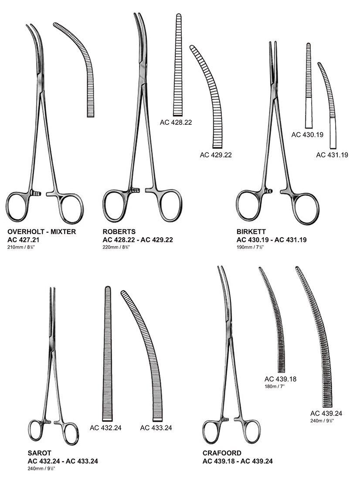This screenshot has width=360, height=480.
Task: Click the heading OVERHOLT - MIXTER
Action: pos(42,231)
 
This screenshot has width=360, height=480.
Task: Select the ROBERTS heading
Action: pos(119,231)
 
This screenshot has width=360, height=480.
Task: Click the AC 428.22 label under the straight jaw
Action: pos(176,123)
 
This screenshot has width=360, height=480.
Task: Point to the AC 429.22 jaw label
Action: pos(216,154)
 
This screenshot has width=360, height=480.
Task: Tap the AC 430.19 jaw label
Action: pos(307,135)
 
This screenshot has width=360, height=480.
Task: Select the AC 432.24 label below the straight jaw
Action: pos(105,427)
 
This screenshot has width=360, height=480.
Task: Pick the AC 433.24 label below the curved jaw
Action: pos(156,427)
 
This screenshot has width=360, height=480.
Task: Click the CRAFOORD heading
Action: pos(222,453)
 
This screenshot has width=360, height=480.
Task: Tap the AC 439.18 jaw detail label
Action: pos(280,379)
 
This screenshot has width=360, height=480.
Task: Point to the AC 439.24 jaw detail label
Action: pos(326,413)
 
